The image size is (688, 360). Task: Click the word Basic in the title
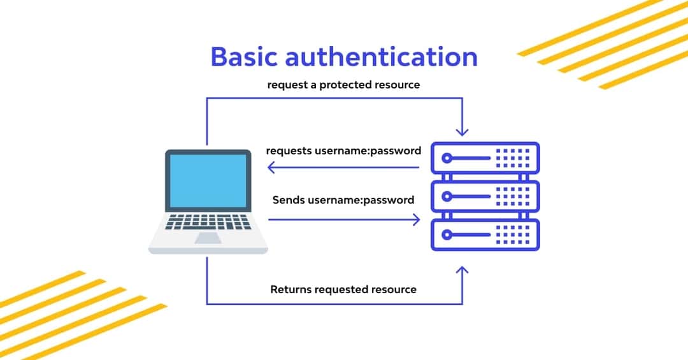pos(244,56)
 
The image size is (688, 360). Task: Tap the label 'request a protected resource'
pos(343,84)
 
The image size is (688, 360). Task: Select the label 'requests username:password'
pos(343,151)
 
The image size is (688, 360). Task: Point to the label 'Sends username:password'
pos(343,199)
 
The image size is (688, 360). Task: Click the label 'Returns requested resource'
pos(343,289)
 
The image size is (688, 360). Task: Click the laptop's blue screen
pos(208,180)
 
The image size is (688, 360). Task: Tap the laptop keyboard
pos(208,222)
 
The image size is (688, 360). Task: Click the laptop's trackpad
pos(208,238)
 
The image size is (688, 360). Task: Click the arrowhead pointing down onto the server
pos(462,131)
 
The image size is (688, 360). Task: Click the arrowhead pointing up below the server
pos(462,272)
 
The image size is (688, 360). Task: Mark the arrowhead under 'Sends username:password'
pos(416,220)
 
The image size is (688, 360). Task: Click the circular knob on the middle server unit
pos(448,196)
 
